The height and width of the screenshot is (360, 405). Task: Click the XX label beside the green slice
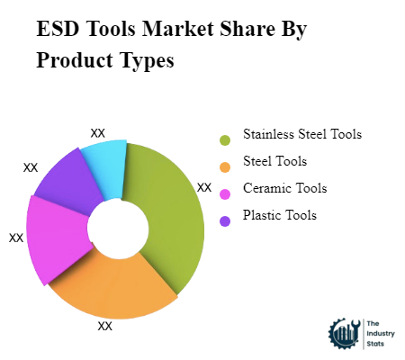pos(204,188)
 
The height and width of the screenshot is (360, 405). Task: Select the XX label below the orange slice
pos(105,327)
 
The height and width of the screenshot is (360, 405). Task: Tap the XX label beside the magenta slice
pos(16,238)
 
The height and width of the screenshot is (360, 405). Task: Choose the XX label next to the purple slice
pos(31,167)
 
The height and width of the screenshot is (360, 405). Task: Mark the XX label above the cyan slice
pos(98,133)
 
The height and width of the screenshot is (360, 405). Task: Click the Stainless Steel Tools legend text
pos(301,135)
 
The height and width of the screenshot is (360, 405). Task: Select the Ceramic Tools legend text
pos(284,189)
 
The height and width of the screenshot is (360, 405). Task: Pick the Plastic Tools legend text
pos(280,216)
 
